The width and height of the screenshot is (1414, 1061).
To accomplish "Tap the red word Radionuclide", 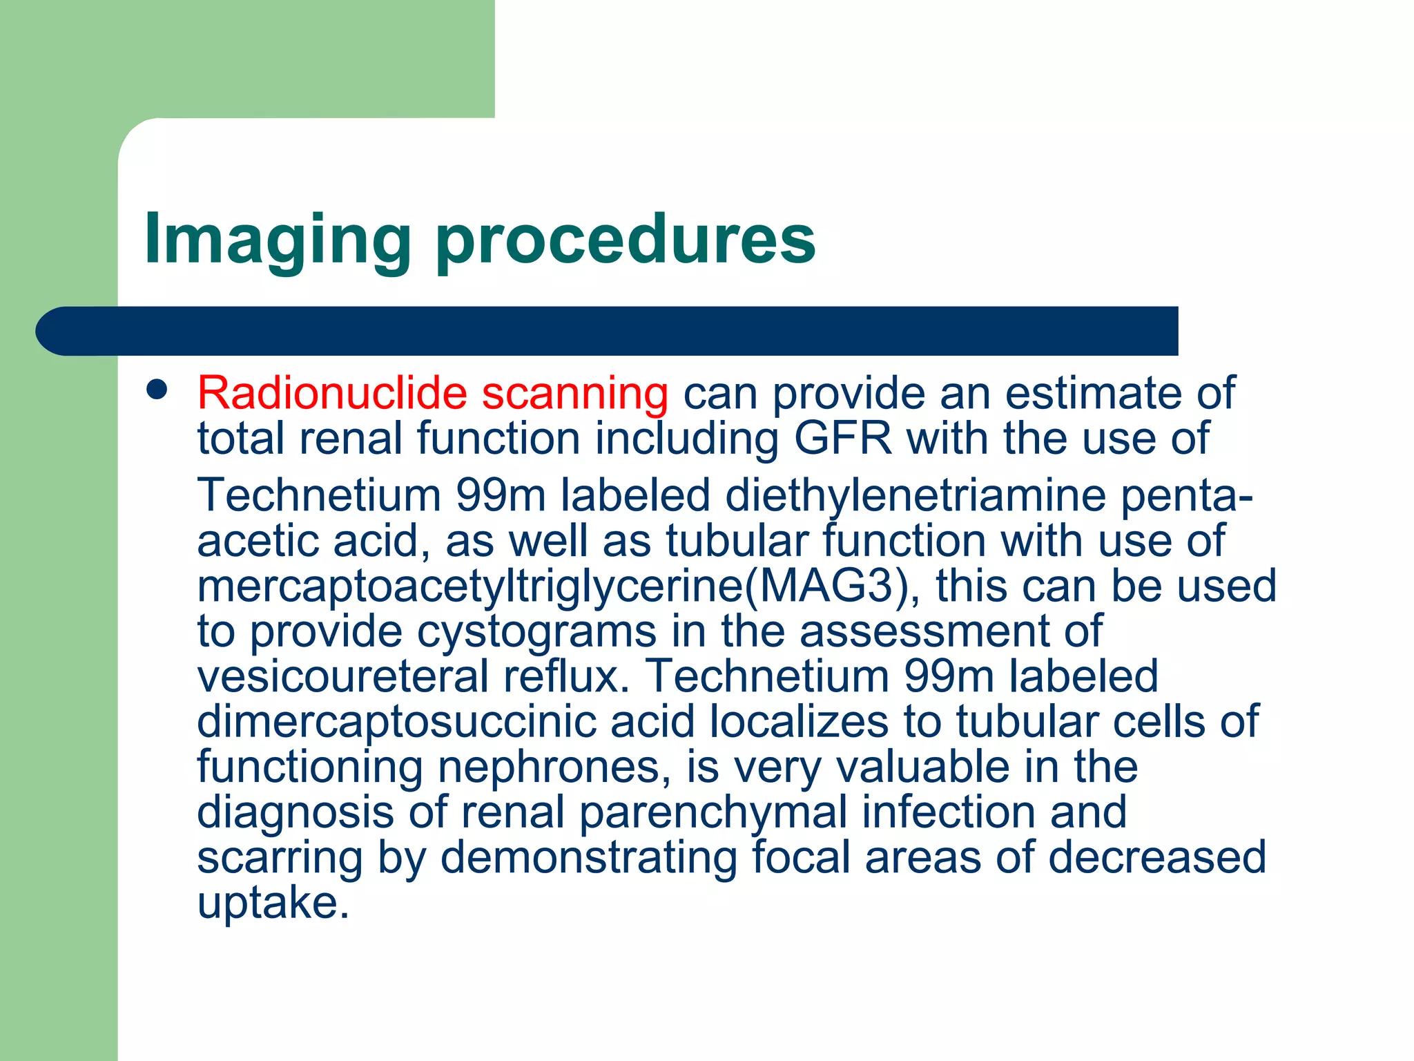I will click(x=332, y=394).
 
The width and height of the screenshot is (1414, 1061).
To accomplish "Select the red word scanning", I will click(x=574, y=394).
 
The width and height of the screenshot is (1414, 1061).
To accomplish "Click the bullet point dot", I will click(x=157, y=390).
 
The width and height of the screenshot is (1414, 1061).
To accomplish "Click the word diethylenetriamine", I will click(x=916, y=496).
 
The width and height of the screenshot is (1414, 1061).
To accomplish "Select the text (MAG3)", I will click(x=833, y=586).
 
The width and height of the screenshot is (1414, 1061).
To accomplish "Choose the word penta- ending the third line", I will click(x=1186, y=496).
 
